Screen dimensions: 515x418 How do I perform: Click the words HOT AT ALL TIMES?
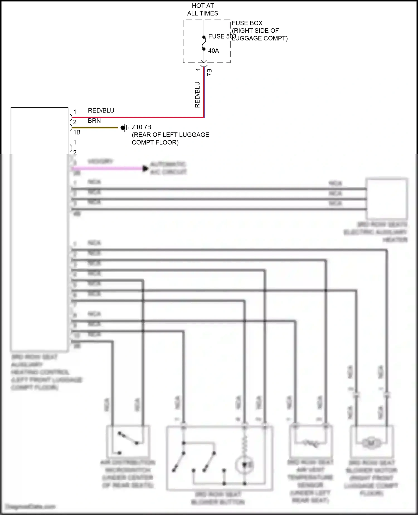[x=203, y=9]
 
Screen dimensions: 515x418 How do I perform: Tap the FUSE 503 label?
[x=222, y=36]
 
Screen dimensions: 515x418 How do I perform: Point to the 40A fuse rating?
[x=213, y=51]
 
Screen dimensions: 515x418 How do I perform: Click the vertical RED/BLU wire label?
[x=197, y=95]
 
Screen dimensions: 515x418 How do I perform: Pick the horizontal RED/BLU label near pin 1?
[x=101, y=110]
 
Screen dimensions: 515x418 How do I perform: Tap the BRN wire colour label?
[x=94, y=121]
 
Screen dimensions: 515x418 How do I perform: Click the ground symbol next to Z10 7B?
[x=125, y=128]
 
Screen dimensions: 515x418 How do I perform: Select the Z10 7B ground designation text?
[x=141, y=127]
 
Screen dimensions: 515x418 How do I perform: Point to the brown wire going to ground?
[x=95, y=128]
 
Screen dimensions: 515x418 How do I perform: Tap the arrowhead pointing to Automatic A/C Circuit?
[x=145, y=169]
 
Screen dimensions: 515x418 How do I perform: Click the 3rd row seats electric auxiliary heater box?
[x=387, y=199]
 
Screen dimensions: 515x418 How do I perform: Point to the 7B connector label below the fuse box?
[x=210, y=72]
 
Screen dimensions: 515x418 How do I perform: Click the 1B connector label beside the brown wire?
[x=77, y=132]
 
